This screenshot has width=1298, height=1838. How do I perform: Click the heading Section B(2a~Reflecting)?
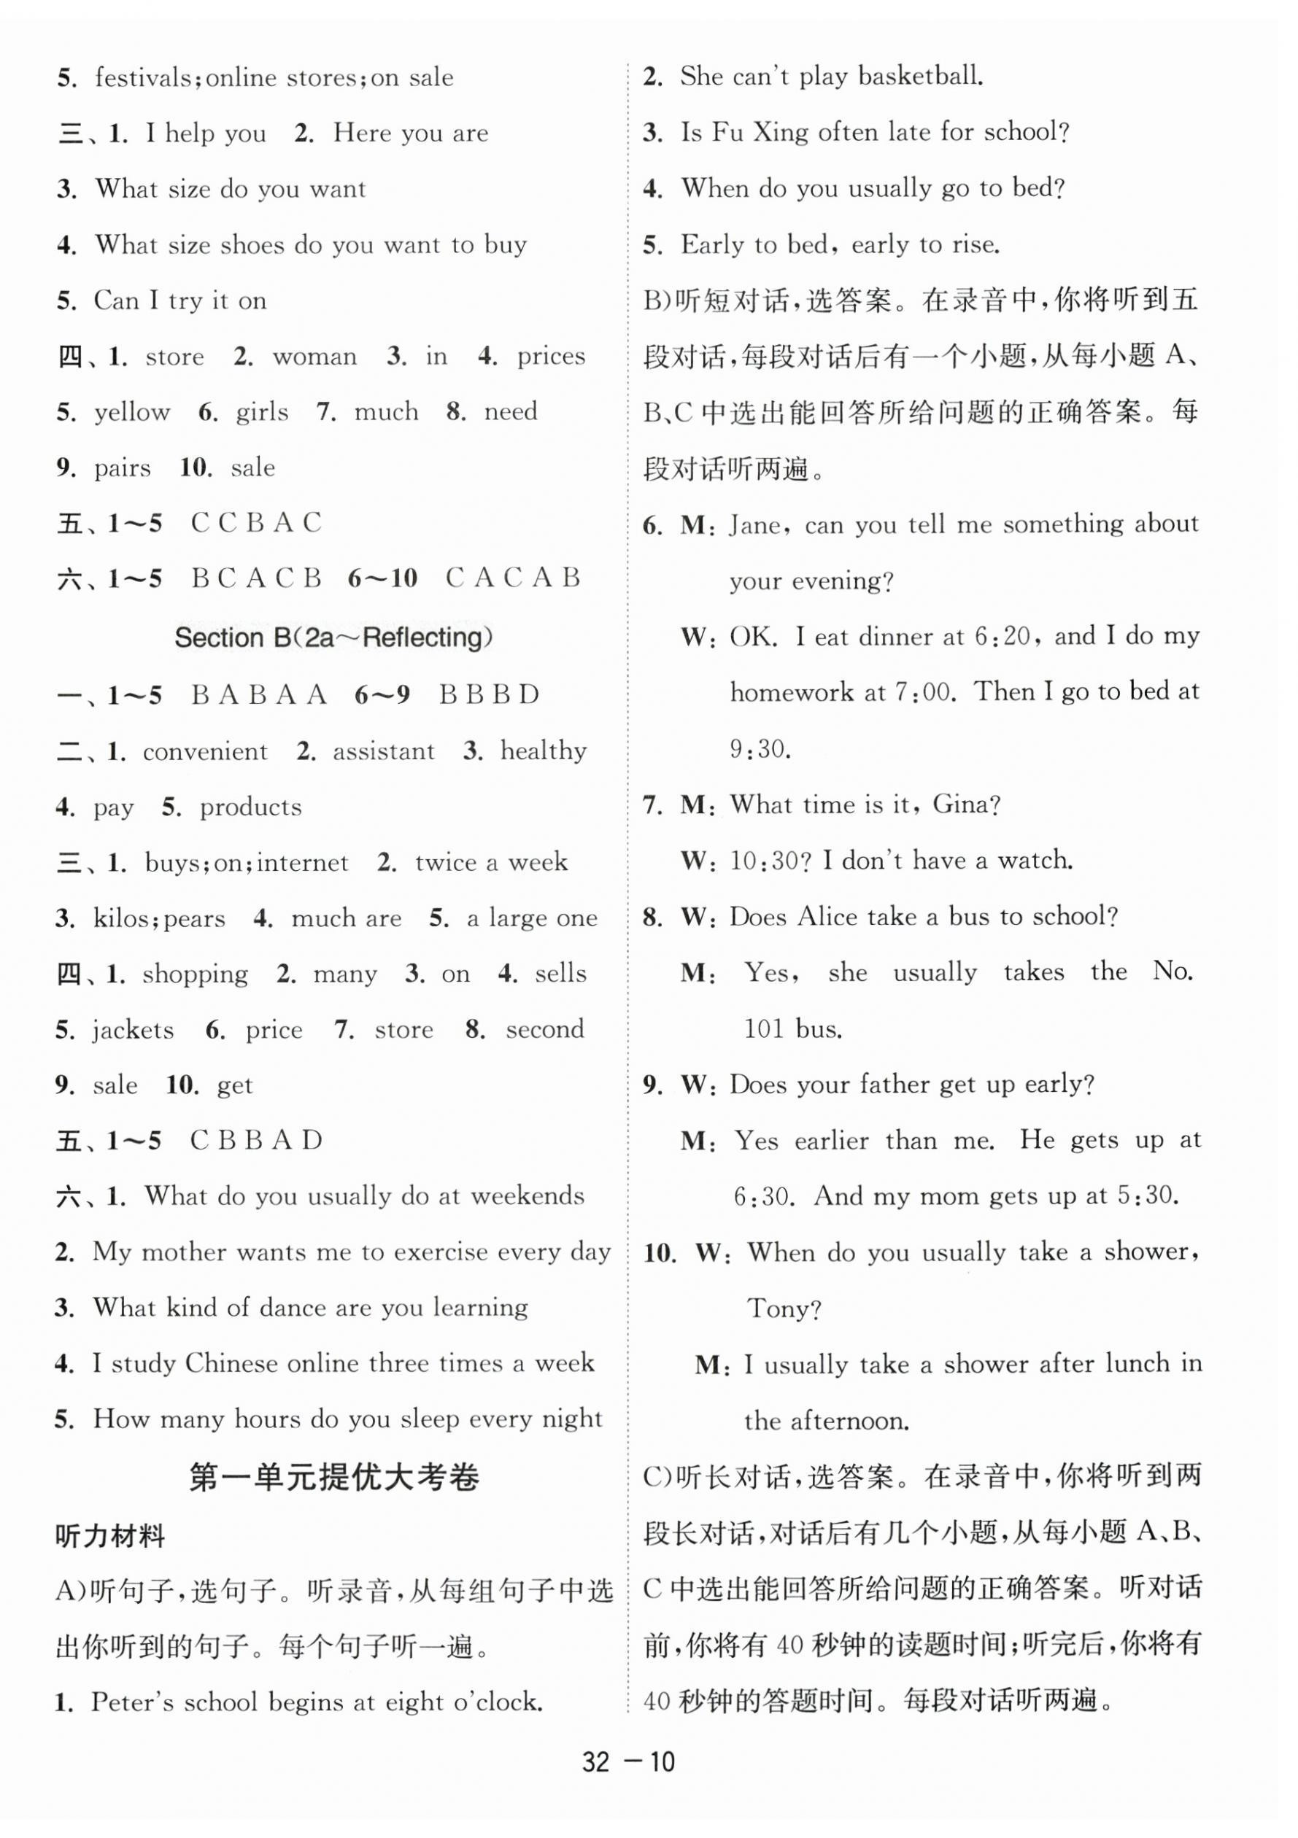(333, 638)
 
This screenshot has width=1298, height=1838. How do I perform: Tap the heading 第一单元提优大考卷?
(334, 1477)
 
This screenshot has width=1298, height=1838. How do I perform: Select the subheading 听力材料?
(109, 1536)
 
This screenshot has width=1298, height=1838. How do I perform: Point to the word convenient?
(205, 751)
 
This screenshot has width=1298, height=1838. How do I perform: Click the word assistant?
(384, 751)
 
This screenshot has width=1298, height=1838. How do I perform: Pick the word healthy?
(544, 751)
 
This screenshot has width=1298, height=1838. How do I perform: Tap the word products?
(251, 807)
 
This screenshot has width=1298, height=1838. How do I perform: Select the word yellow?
(132, 412)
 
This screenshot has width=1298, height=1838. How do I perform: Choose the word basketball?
(920, 76)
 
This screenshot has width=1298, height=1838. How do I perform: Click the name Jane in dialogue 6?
(755, 525)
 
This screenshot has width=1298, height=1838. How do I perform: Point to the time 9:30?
(759, 748)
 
